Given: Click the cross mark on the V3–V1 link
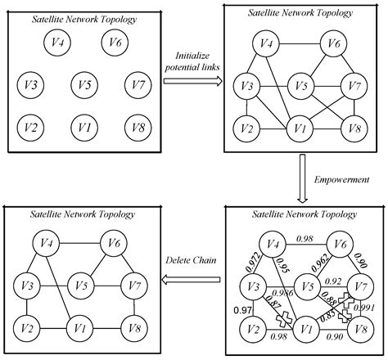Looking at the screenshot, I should point(284,317).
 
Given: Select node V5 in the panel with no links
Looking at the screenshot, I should point(81,83).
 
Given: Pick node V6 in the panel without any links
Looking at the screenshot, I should point(115,42).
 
